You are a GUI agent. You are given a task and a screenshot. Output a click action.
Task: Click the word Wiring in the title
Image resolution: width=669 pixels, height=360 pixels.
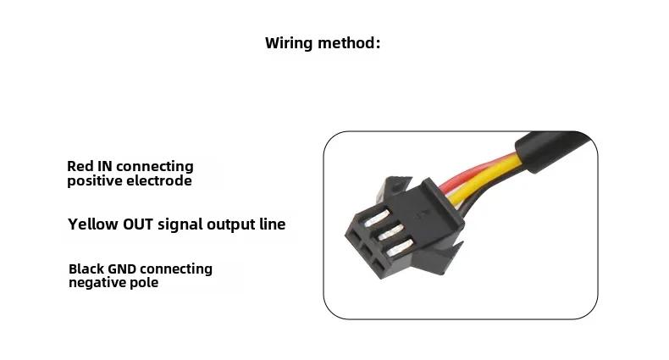point(289,43)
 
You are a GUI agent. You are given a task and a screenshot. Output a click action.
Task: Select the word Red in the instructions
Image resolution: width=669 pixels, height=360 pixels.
point(80,166)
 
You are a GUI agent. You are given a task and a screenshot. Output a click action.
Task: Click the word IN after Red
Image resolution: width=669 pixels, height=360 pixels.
point(105,166)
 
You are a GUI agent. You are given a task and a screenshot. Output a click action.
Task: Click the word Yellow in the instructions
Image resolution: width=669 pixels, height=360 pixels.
point(93,224)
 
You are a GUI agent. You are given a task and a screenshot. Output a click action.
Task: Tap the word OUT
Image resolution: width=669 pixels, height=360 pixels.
point(138,224)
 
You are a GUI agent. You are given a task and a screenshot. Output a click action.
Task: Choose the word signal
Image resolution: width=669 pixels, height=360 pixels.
point(178,224)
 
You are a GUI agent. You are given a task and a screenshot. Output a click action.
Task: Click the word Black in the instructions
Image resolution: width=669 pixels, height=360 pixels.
point(86,269)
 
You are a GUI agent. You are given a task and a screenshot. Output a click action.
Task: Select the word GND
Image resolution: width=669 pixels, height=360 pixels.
point(122,269)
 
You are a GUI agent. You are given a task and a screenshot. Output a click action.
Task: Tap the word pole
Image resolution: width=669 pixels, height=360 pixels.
point(146,283)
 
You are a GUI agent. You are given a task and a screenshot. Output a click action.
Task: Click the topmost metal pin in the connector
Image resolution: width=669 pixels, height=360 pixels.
point(377,218)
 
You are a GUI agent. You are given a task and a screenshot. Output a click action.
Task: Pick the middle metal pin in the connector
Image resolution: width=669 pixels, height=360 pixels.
point(389,232)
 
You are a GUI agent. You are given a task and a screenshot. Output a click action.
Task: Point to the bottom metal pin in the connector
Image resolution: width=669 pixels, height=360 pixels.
point(400,247)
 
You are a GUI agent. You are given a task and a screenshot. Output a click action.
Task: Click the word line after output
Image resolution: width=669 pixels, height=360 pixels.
point(272,224)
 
